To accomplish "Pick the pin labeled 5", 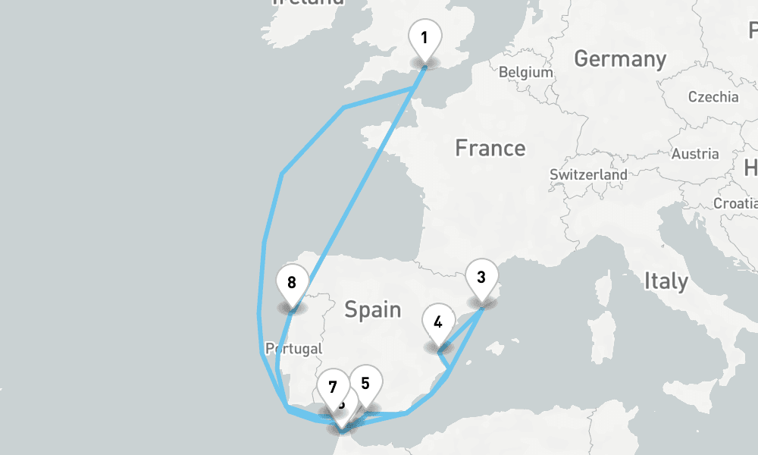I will point(365,384).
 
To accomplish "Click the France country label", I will point(490,148).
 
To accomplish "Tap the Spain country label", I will point(372,309).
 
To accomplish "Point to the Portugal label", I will point(293,349).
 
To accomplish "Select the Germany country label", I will point(620,58).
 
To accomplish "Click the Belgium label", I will point(526,73).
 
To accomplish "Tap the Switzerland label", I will point(588,174).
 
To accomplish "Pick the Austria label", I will point(695,154).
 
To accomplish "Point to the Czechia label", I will point(713,97).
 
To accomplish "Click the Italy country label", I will point(666,281).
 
